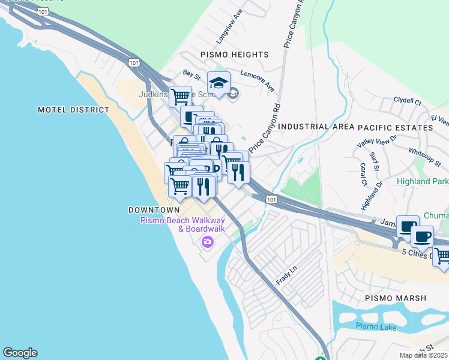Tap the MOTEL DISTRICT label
[74, 110]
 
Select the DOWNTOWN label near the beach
[154, 210]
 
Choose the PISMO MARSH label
[396, 298]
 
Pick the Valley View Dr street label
[377, 142]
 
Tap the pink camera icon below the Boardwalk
[208, 242]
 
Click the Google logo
[20, 353]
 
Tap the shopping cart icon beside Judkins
[179, 96]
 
